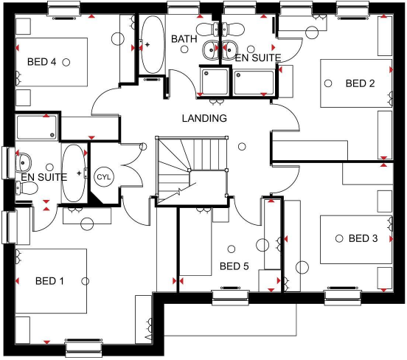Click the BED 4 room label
42,62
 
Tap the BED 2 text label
361,84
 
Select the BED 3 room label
363,238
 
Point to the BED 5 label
234,266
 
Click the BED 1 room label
50,280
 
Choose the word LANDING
204,118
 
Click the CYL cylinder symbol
102,177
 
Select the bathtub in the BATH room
153,46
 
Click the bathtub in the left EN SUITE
74,173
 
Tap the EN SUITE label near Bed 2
252,56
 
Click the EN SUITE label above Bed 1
44,177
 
